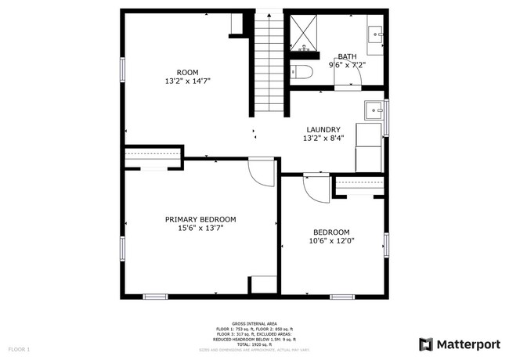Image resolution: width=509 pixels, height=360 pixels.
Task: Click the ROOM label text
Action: (187, 72)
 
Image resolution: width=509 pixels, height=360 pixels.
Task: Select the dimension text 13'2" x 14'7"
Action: (187, 81)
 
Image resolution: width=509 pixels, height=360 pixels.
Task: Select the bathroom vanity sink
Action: (375, 34)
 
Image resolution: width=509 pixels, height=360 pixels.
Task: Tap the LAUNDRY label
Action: (323, 130)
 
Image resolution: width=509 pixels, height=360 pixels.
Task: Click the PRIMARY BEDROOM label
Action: (200, 220)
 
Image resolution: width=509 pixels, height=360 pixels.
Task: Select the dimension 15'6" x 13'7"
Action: (200, 229)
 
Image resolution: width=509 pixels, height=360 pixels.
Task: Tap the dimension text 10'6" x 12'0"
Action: (331, 242)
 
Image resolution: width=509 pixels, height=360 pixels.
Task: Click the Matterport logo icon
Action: (426, 344)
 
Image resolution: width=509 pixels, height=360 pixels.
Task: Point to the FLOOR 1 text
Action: (19, 348)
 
